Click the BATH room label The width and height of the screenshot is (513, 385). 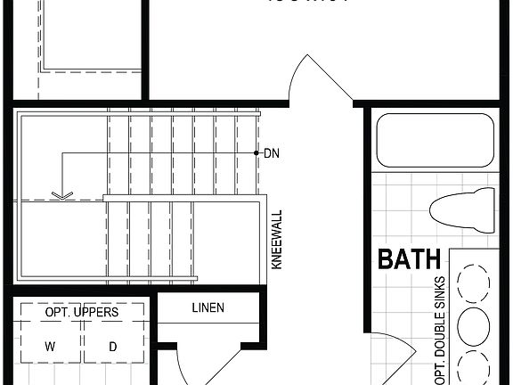410,260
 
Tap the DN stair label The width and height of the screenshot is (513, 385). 272,153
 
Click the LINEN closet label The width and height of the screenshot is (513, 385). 208,308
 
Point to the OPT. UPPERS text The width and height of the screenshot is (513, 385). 81,312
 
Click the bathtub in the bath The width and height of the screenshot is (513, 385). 435,140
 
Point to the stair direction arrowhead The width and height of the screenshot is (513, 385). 61,195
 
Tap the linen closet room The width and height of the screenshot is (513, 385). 208,321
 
